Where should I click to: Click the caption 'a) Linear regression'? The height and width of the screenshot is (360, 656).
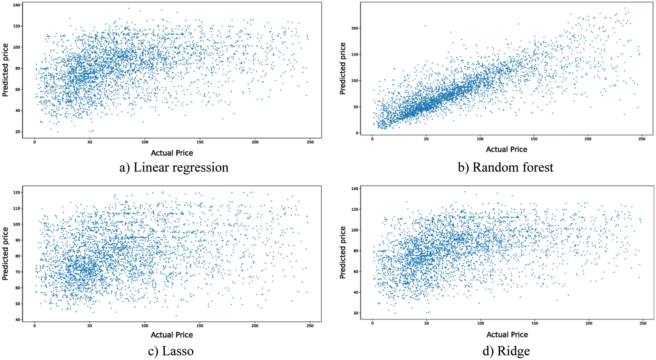pyautogui.click(x=174, y=168)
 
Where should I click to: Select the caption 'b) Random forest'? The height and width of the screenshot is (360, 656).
pyautogui.click(x=505, y=168)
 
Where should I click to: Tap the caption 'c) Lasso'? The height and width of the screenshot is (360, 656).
pyautogui.click(x=171, y=351)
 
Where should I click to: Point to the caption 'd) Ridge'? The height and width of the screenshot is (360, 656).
pyautogui.click(x=506, y=351)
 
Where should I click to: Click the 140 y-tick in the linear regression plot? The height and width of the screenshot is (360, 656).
pyautogui.click(x=17, y=5)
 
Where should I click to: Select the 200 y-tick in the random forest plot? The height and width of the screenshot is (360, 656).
pyautogui.click(x=355, y=28)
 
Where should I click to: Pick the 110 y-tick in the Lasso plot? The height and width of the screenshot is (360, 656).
pyautogui.click(x=17, y=208)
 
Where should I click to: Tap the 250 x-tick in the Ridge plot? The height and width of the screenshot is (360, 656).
pyautogui.click(x=643, y=323)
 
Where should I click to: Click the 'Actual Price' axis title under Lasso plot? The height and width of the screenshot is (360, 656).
pyautogui.click(x=172, y=335)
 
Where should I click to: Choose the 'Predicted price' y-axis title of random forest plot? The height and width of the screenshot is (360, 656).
pyautogui.click(x=343, y=68)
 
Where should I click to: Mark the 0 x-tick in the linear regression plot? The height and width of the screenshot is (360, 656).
pyautogui.click(x=35, y=142)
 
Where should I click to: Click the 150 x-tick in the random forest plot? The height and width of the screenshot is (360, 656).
pyautogui.click(x=534, y=139)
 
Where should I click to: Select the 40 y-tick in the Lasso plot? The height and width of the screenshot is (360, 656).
pyautogui.click(x=18, y=320)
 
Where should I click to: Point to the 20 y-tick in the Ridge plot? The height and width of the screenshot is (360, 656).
pyautogui.click(x=355, y=313)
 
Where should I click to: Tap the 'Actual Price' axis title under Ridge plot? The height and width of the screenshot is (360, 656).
pyautogui.click(x=507, y=334)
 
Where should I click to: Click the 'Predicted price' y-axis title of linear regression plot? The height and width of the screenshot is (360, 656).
pyautogui.click(x=5, y=70)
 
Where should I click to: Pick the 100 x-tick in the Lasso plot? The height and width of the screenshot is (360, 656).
pyautogui.click(x=145, y=325)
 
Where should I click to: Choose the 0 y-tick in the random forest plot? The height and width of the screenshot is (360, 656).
pyautogui.click(x=357, y=133)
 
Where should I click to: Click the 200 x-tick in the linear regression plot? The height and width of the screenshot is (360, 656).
pyautogui.click(x=255, y=142)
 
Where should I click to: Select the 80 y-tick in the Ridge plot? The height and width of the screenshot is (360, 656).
pyautogui.click(x=355, y=251)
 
